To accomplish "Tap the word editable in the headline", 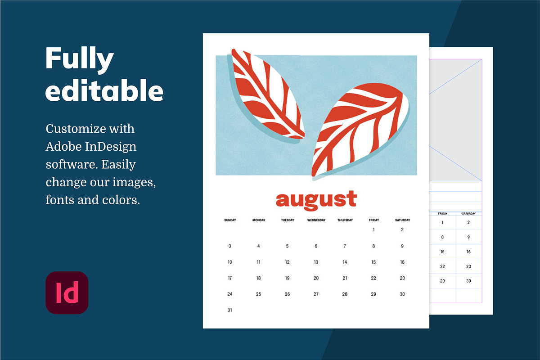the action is tap(104, 90).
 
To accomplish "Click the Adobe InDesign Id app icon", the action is tap(67, 292).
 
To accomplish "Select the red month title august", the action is tap(316, 200).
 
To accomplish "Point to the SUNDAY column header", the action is tap(230, 220).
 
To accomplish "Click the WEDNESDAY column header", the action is tap(316, 220).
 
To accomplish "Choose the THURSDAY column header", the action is tap(345, 220).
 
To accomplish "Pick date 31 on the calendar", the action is tap(230, 310).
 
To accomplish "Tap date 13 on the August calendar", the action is tap(316, 262).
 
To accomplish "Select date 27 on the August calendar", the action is tap(316, 294).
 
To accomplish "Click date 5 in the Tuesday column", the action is tap(287, 246).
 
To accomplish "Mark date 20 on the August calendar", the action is tap(316, 278).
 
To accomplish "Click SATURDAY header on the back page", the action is tap(468, 213).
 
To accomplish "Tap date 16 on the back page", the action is tap(468, 252).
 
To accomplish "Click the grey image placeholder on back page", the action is tap(455, 120).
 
